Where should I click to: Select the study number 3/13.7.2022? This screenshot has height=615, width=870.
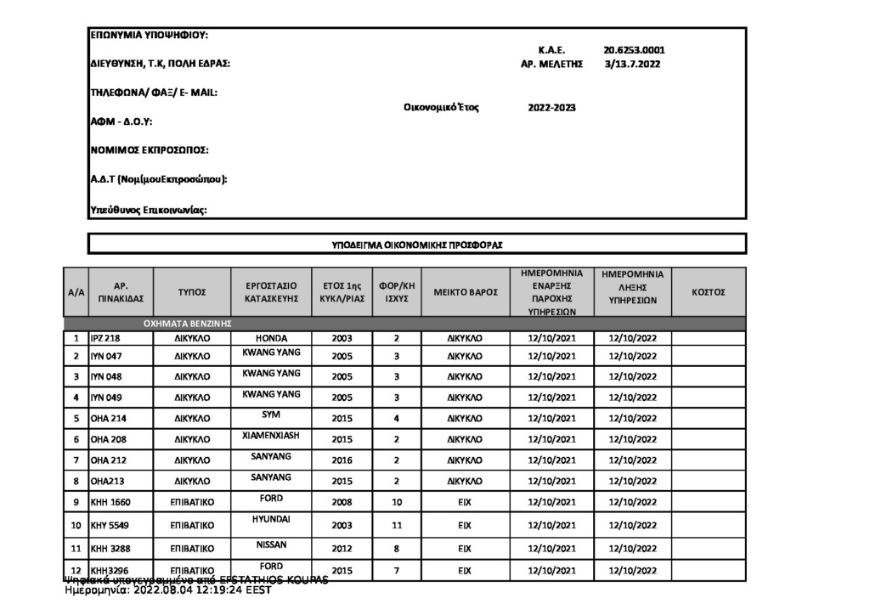click(631, 64)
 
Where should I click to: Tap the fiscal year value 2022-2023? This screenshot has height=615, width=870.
click(552, 108)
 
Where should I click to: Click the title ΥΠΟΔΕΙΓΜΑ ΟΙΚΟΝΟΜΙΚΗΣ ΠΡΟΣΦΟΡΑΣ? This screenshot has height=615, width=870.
click(417, 244)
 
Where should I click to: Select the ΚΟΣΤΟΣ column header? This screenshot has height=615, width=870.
click(709, 292)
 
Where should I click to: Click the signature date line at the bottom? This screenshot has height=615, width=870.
click(167, 591)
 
